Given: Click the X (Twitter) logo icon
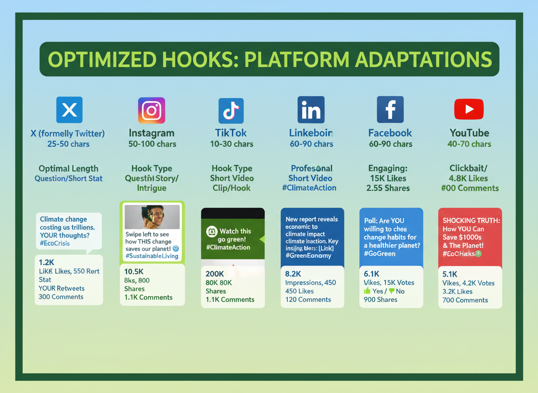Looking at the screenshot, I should coord(69,110).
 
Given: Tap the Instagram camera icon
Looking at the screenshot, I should coord(151,110).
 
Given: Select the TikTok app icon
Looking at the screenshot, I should coord(231,111).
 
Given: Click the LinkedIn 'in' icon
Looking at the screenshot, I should coord(311,110).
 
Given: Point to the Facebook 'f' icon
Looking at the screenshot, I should coord(390,110).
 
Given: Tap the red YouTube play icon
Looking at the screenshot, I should coord(469,109).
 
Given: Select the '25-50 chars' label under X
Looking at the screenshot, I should coord(68,144).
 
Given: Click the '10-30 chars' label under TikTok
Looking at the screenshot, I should coord(231,144).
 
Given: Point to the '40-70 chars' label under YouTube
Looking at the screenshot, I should coord(469,144).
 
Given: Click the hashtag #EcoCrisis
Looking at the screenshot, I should coord(55,243).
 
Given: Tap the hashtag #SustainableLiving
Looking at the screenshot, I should coord(152,256).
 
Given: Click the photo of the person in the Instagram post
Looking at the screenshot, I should coord(152,217).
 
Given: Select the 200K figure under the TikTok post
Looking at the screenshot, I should coord(214,274).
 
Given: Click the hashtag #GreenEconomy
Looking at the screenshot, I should coord(308,256).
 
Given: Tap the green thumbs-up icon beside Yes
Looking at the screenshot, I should coord(367,291).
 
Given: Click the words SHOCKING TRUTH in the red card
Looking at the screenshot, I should coord(471,220).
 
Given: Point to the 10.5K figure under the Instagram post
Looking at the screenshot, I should coord(134,272).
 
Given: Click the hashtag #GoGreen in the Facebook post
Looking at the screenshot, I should coord(379,254).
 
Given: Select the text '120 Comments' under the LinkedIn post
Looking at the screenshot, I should coord(308,300).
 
